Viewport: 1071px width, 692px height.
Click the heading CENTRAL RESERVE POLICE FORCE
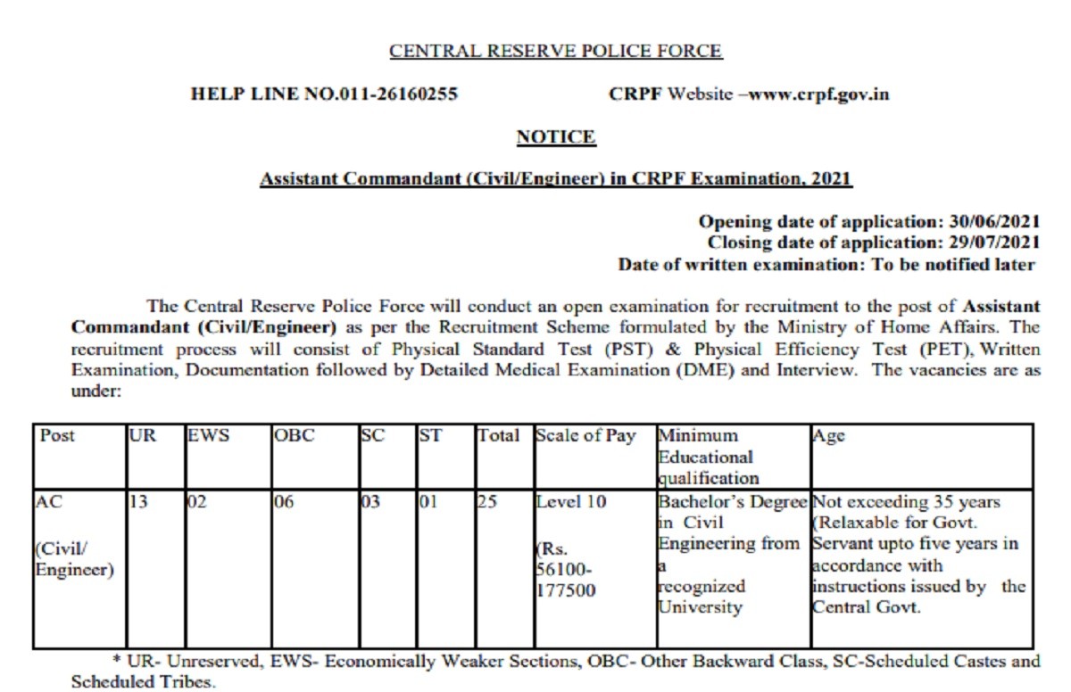click(555, 51)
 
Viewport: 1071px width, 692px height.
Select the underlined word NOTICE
click(555, 136)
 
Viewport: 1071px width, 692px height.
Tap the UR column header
click(142, 436)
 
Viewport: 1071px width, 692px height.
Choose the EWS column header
click(209, 436)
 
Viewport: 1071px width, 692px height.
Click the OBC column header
click(294, 436)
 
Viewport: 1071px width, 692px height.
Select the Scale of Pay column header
click(585, 436)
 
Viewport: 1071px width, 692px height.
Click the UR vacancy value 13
click(138, 502)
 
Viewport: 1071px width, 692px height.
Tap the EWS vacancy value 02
click(196, 502)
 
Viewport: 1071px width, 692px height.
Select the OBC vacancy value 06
click(283, 502)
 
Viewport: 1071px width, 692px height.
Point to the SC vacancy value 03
click(369, 502)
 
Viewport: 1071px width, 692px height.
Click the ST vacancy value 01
click(428, 502)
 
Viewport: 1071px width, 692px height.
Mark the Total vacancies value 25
click(487, 502)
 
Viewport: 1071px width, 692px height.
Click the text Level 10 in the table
click(570, 502)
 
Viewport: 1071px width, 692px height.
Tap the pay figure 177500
click(566, 591)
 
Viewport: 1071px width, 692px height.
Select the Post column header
click(57, 436)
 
